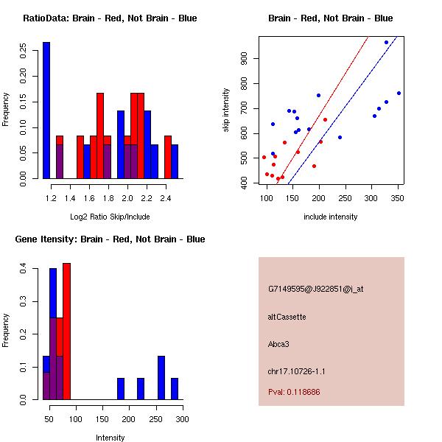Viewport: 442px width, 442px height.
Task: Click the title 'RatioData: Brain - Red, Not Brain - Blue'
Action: pos(109,18)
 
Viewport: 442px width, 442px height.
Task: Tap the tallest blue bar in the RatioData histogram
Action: pos(46,110)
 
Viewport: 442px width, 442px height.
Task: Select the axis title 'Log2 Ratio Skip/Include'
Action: pos(110,217)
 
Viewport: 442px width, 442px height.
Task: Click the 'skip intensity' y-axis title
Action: pos(227,111)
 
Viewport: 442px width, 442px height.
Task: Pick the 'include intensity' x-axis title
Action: pos(330,217)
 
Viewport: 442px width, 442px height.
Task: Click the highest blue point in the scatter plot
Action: pos(386,43)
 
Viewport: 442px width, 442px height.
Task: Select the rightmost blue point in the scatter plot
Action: pos(399,93)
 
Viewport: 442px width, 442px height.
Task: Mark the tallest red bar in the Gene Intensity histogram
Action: pos(66,331)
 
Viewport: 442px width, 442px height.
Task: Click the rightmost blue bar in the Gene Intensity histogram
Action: pos(175,388)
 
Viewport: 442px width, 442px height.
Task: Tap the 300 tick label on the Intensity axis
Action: pos(182,419)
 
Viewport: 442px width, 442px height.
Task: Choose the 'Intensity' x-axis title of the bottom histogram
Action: pos(110,438)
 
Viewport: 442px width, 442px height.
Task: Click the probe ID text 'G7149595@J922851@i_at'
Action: pos(316,289)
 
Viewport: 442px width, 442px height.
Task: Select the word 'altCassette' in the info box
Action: pos(287,317)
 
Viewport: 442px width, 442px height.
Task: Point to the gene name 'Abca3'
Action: pos(279,343)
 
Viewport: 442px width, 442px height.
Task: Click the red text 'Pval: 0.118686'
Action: pos(294,392)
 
